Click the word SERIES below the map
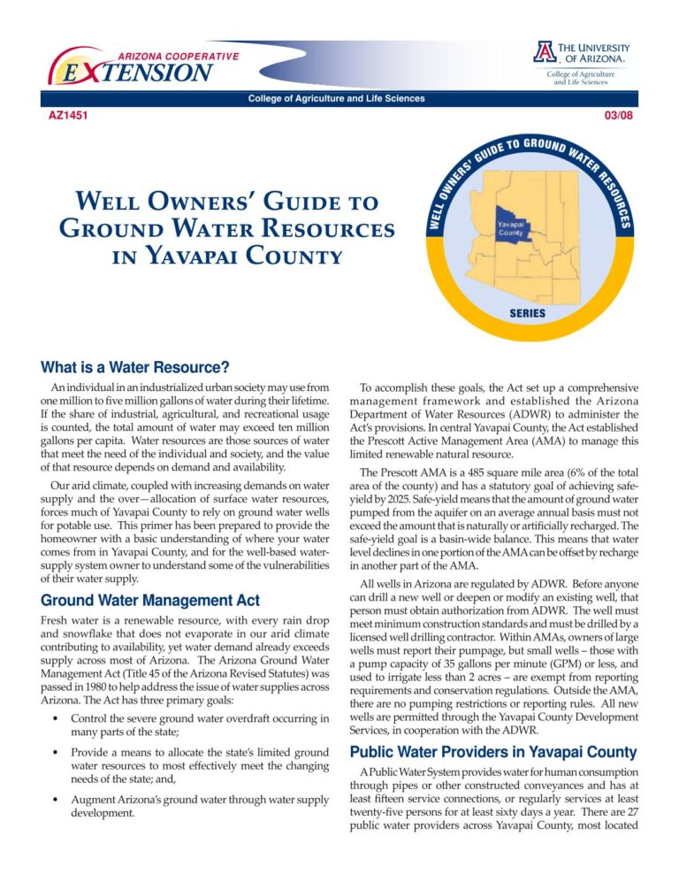click(527, 314)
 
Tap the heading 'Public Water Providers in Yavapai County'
click(492, 753)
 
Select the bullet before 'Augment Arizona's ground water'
click(57, 800)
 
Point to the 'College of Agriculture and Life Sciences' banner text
click(337, 98)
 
